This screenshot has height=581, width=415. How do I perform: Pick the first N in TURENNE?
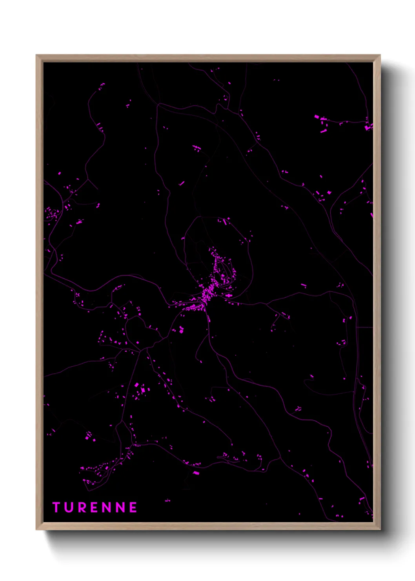tap(107, 507)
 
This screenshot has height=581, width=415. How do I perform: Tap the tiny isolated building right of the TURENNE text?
tap(167, 501)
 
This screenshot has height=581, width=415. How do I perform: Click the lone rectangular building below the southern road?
tap(196, 473)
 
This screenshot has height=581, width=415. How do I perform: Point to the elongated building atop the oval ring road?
tap(225, 221)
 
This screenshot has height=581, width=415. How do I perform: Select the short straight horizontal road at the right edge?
tap(364, 327)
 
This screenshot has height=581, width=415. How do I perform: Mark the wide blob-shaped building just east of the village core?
tap(228, 295)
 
